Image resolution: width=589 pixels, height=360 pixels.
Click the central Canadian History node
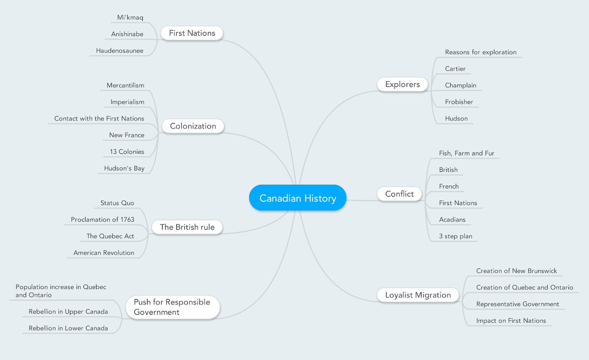click(x=297, y=198)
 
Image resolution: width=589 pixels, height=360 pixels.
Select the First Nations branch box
click(x=192, y=33)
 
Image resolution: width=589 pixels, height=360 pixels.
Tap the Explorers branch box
click(x=402, y=84)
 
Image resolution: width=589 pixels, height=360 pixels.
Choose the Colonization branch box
click(x=193, y=126)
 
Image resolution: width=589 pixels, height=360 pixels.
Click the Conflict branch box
click(x=399, y=194)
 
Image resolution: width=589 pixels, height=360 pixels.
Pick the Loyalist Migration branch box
click(x=418, y=295)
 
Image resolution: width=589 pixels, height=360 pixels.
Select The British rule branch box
click(x=187, y=227)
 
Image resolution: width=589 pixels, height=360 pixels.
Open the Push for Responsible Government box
click(x=172, y=307)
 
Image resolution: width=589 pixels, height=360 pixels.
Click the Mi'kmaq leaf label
click(x=130, y=17)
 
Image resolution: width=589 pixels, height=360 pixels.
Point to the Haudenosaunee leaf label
click(x=120, y=50)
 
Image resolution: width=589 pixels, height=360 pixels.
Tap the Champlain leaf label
click(x=461, y=85)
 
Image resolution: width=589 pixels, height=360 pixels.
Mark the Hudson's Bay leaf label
click(x=124, y=168)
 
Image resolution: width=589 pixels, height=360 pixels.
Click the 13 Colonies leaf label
click(x=127, y=152)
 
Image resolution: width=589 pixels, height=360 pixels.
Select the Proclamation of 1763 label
click(x=102, y=219)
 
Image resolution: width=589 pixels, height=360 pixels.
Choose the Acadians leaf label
click(x=452, y=220)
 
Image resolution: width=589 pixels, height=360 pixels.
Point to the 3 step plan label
click(x=455, y=236)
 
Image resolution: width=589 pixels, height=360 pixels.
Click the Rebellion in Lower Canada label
click(x=68, y=328)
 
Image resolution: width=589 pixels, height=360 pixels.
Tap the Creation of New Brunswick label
click(x=516, y=271)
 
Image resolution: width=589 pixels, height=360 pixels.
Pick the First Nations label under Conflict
click(x=458, y=203)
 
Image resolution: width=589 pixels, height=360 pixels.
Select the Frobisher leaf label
click(x=459, y=102)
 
